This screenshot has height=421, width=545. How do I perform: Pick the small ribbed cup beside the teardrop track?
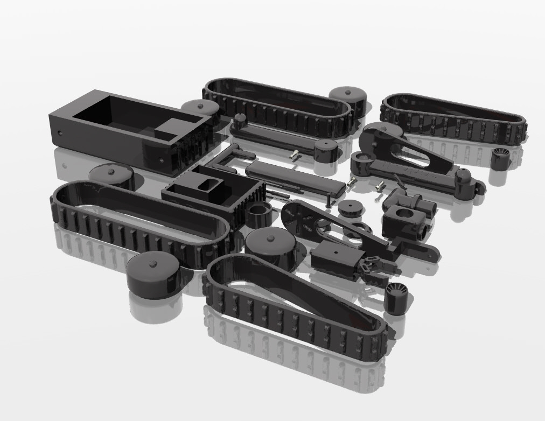point(397,298)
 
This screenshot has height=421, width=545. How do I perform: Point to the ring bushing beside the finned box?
point(258,214)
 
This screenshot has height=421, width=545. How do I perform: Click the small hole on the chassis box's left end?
point(60,133)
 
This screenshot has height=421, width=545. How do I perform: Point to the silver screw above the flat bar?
point(294,155)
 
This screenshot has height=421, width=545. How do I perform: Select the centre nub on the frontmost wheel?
point(153,263)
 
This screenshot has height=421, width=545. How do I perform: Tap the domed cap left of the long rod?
point(239,119)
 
